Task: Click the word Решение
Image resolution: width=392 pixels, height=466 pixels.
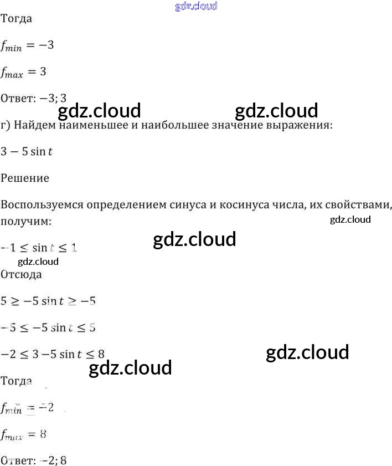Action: coord(25,178)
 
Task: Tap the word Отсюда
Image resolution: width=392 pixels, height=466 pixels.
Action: coord(22,274)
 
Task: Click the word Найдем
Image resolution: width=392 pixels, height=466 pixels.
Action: coord(37,125)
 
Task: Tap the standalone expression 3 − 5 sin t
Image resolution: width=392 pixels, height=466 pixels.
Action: coord(27,151)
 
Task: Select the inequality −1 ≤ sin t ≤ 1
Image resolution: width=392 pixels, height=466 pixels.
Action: coord(39,248)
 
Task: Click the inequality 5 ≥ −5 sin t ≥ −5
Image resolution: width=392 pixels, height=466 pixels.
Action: coord(48,301)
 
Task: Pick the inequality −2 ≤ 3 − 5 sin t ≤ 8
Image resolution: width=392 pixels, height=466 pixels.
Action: coord(53,354)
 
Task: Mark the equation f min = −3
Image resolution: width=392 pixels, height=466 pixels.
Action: coord(27,45)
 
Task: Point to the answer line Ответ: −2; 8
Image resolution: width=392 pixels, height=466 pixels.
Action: coord(34,460)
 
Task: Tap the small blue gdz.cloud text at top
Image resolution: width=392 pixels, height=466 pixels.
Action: coord(196,6)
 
